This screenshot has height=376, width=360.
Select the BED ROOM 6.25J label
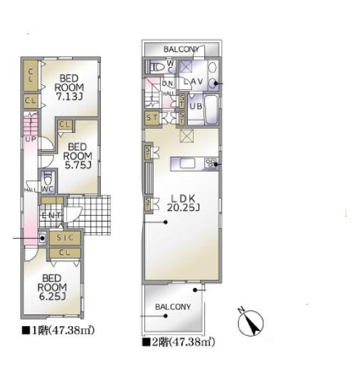click(x=53, y=287)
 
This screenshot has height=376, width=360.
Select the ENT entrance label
click(x=51, y=215)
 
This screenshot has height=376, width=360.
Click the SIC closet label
click(x=64, y=238)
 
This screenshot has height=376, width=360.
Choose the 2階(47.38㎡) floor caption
click(x=178, y=343)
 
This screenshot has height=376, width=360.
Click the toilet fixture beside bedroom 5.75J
click(x=49, y=177)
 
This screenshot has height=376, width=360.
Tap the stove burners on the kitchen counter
click(x=211, y=164)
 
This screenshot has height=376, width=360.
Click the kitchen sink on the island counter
click(x=187, y=164)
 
